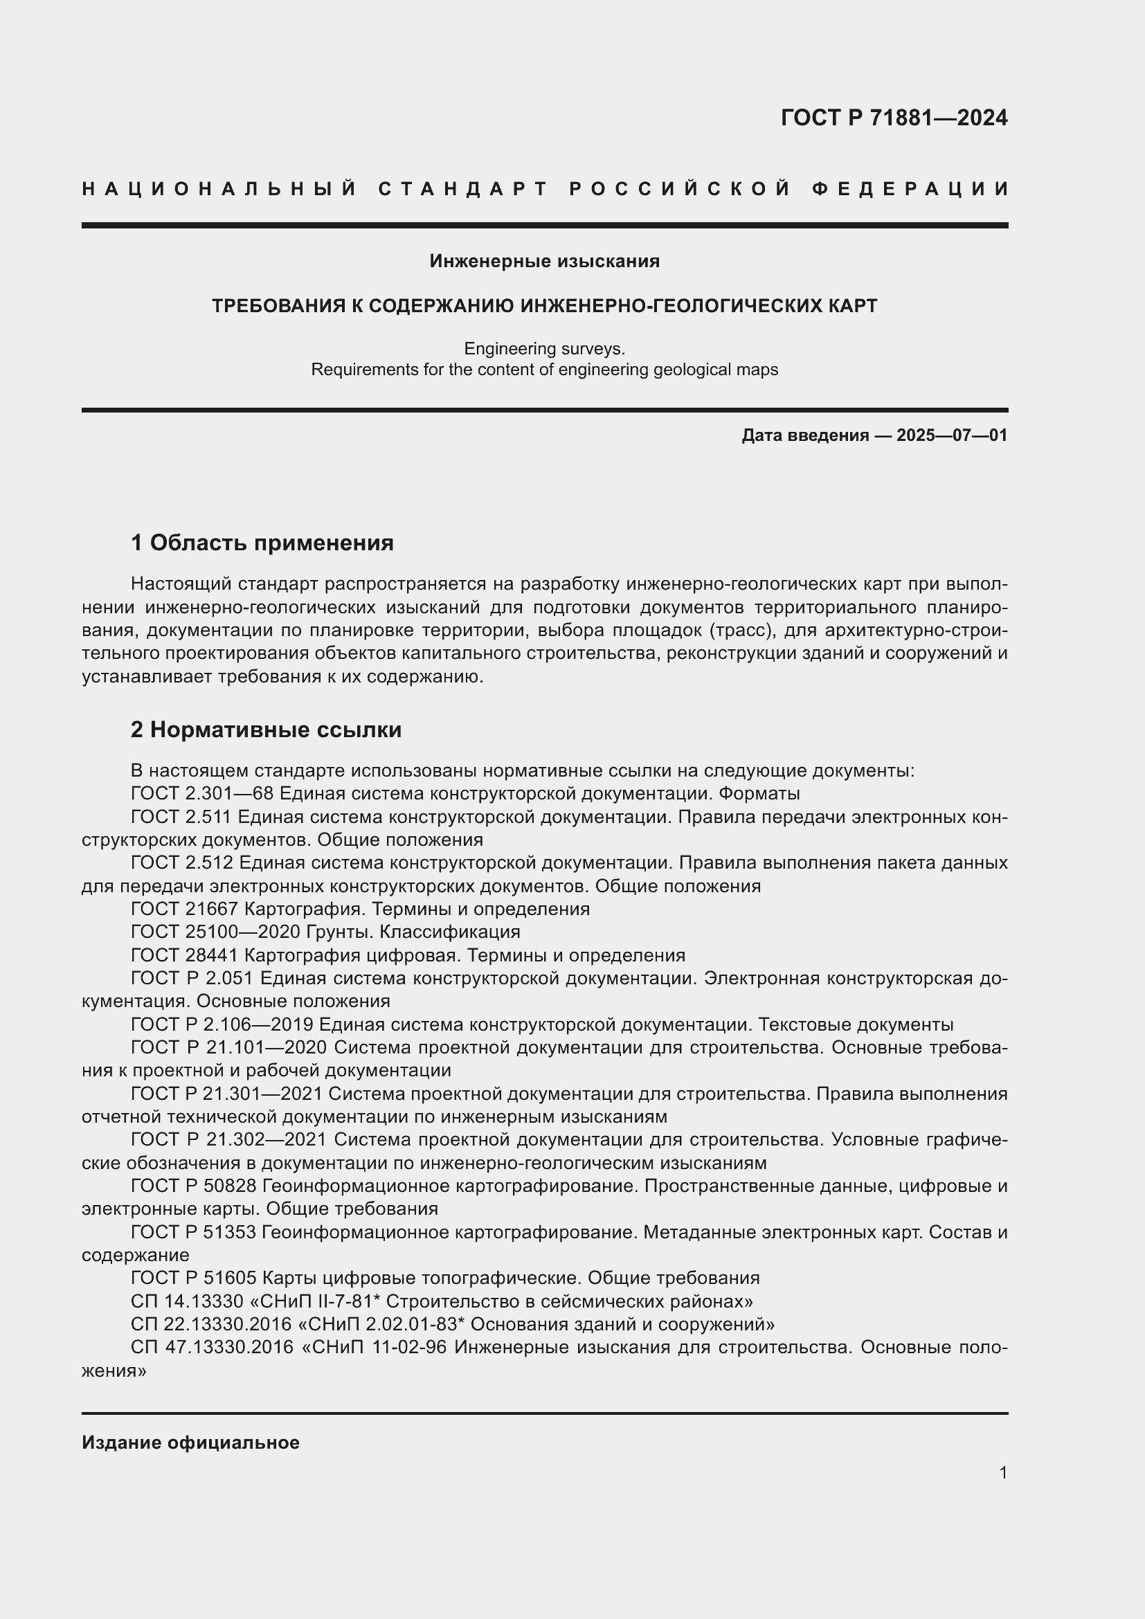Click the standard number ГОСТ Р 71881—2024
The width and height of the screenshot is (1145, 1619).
click(893, 118)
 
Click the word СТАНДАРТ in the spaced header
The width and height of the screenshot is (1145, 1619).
click(463, 189)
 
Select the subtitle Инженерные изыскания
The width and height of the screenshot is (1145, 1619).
click(544, 262)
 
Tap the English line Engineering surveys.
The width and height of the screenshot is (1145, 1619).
click(544, 348)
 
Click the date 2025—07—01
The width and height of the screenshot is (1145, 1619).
click(951, 435)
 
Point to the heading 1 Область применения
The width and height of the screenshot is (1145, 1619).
click(262, 542)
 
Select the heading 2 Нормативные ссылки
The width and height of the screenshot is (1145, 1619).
click(266, 729)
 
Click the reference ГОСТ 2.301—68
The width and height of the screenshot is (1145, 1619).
click(201, 793)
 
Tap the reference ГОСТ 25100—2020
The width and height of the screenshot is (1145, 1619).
click(215, 932)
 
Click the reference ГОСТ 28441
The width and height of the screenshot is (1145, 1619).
click(184, 955)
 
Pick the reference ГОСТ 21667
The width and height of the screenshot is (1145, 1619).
click(184, 908)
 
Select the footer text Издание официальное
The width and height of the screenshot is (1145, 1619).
click(190, 1442)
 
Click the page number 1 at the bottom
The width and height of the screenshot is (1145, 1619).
click(1002, 1473)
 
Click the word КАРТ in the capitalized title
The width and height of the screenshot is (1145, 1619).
click(852, 306)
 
